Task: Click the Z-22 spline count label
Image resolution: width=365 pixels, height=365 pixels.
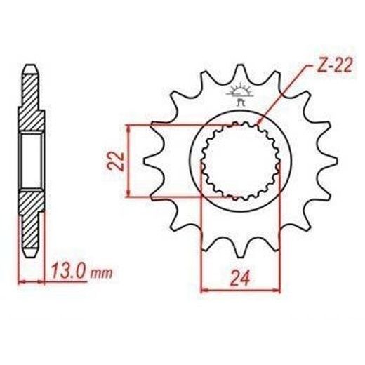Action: coord(332,66)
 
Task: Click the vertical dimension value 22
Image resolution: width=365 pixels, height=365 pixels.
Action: coord(116,161)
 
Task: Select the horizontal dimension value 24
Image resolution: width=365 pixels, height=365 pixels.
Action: coord(240,278)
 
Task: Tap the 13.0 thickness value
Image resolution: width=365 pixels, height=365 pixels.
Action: coord(68,271)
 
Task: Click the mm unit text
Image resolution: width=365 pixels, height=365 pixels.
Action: coord(101,274)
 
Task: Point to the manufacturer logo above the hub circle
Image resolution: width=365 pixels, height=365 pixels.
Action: coord(239,95)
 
